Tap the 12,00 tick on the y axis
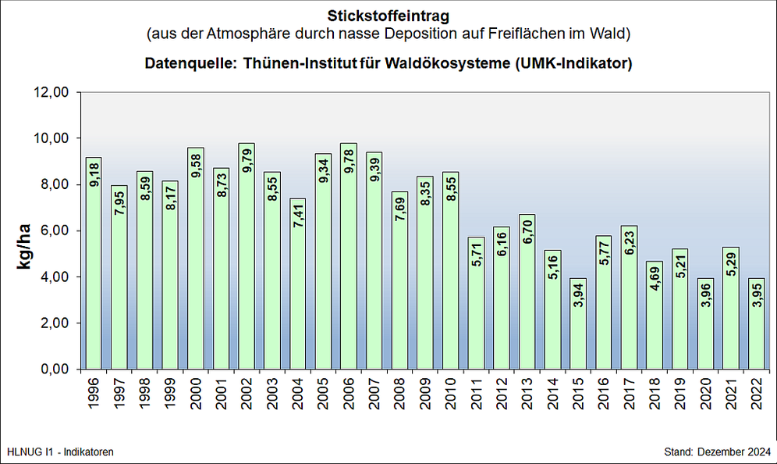(x=53, y=92)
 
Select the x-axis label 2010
(x=450, y=394)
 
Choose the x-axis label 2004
(x=297, y=394)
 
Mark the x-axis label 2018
(x=654, y=394)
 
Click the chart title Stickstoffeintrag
(x=388, y=14)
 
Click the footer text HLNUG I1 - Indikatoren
(x=60, y=452)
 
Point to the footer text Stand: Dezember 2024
(x=716, y=452)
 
